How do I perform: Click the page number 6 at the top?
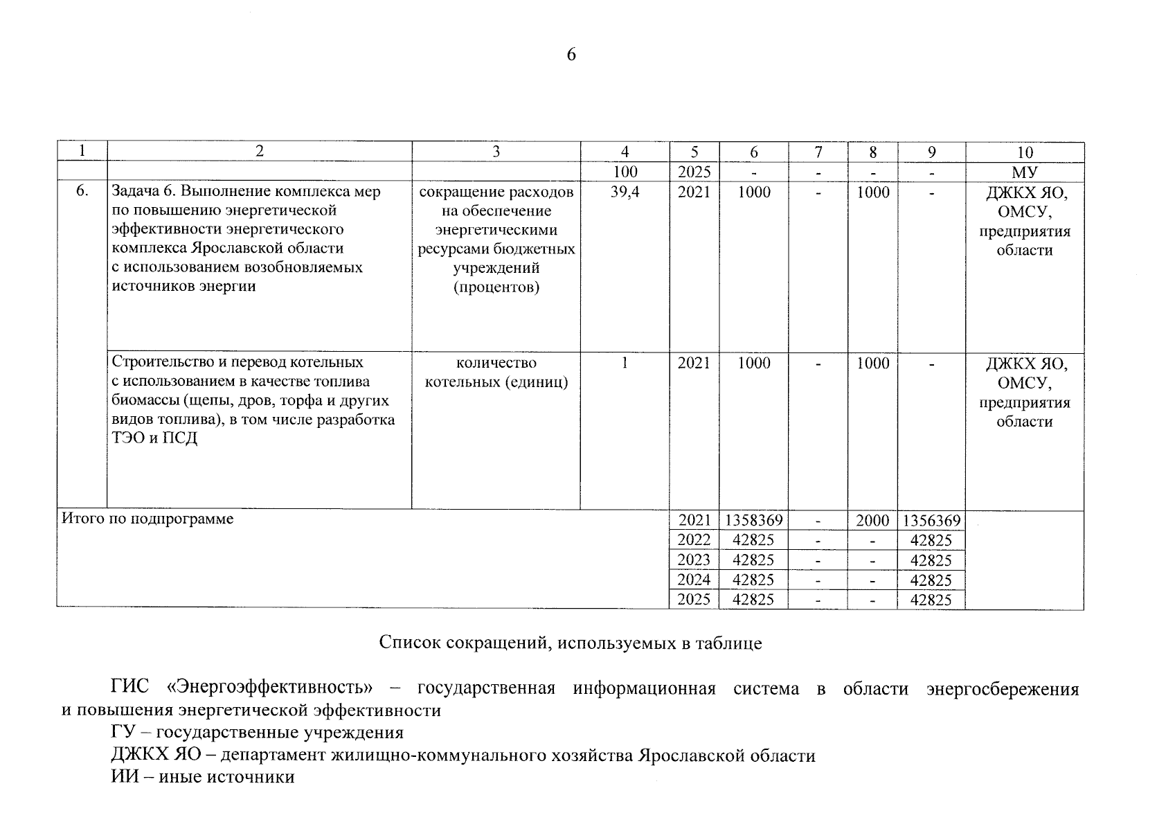pyautogui.click(x=571, y=55)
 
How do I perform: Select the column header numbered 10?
pyautogui.click(x=1024, y=152)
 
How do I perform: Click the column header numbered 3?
pyautogui.click(x=496, y=152)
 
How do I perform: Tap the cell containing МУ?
pyautogui.click(x=1024, y=172)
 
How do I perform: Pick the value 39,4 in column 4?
pyautogui.click(x=625, y=192)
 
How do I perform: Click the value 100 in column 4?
pyautogui.click(x=625, y=172)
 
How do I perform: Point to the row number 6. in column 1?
pyautogui.click(x=82, y=192)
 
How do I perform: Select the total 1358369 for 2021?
pyautogui.click(x=753, y=520)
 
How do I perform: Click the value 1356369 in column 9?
pyautogui.click(x=931, y=520)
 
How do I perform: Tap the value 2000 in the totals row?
pyautogui.click(x=872, y=520)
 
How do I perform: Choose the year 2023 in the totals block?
pyautogui.click(x=694, y=560)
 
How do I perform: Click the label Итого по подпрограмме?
pyautogui.click(x=147, y=519)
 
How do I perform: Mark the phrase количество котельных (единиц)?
pyautogui.click(x=496, y=373)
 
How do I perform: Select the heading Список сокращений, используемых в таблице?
pyautogui.click(x=570, y=643)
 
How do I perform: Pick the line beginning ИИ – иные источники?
pyautogui.click(x=202, y=777)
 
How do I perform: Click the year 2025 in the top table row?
pyautogui.click(x=694, y=172)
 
